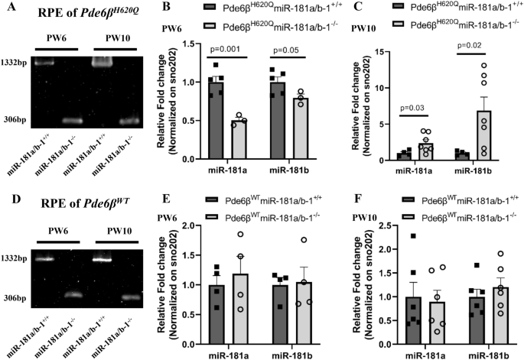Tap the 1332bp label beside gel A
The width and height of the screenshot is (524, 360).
pyautogui.click(x=16, y=63)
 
